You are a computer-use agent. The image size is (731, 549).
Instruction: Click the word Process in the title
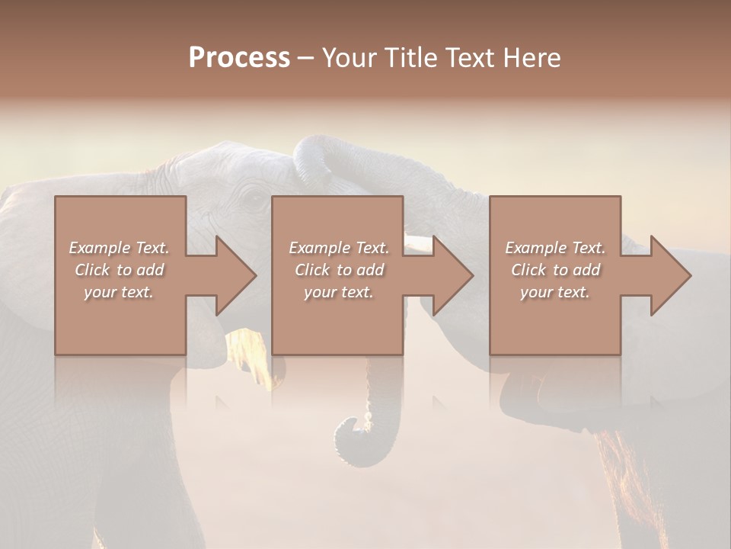tap(239, 58)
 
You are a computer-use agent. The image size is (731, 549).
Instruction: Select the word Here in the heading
tap(532, 58)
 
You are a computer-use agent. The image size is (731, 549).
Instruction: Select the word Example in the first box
tap(99, 248)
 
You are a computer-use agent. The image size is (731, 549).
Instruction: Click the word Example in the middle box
tap(319, 248)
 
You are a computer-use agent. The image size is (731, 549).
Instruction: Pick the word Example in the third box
tap(535, 248)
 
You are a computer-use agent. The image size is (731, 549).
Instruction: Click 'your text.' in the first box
tap(119, 292)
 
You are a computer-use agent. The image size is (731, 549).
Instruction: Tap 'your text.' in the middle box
tap(339, 292)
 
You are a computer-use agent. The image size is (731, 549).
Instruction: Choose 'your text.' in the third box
tap(555, 292)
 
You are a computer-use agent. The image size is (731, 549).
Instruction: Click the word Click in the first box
tap(92, 270)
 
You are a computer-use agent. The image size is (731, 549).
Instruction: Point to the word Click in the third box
tap(528, 270)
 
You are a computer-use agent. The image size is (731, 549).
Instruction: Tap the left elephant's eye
tap(252, 200)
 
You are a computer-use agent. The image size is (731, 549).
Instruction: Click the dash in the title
tap(306, 58)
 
